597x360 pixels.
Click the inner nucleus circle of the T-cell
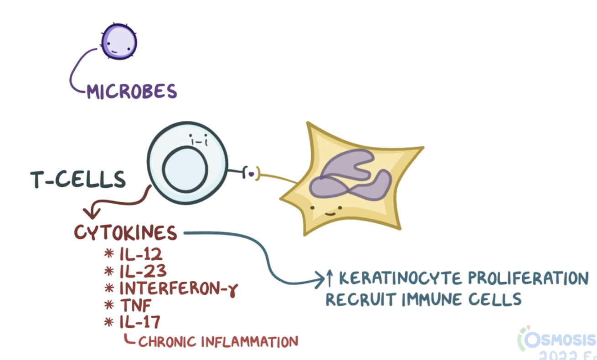click(185, 170)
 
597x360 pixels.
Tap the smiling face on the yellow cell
click(327, 211)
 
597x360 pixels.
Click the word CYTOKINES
click(126, 233)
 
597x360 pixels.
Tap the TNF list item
click(135, 306)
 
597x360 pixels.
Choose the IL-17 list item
click(139, 323)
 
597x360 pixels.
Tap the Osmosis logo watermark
click(558, 340)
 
